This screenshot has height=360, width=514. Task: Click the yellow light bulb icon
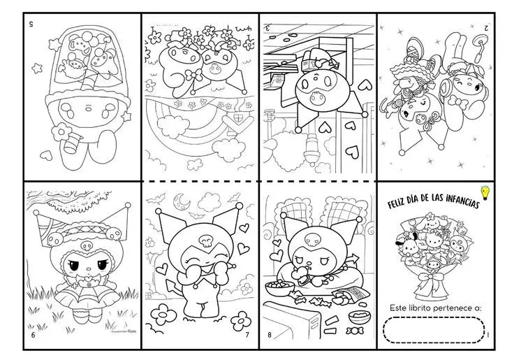point(485,192)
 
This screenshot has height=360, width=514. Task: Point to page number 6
point(32,335)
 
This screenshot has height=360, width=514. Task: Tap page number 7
point(247,335)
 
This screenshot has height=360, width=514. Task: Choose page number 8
point(269,335)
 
